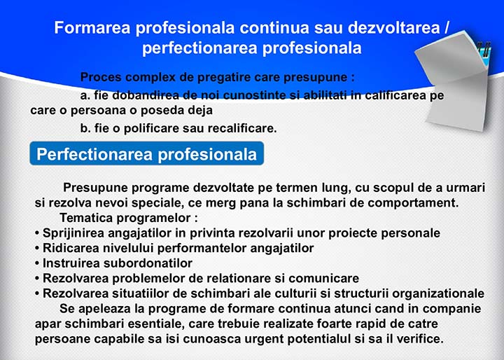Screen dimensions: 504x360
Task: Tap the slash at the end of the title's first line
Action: (x=446, y=28)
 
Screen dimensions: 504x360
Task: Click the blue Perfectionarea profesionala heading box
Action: (x=146, y=153)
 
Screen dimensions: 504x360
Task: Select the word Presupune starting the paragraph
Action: (x=95, y=188)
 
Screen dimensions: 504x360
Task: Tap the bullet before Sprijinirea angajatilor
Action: (x=37, y=233)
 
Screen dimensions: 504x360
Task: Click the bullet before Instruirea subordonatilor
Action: (x=37, y=263)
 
